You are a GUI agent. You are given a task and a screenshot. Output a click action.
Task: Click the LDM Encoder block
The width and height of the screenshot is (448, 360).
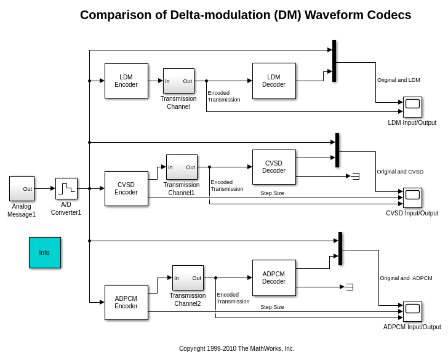126,81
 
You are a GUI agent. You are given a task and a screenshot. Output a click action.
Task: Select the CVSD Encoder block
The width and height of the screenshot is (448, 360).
126,188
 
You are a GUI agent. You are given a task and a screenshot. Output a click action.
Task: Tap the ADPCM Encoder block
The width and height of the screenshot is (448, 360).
126,302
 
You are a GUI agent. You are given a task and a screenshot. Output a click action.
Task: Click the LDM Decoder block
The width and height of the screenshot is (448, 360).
274,81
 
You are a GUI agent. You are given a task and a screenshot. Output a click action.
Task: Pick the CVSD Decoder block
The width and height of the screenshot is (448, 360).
274,167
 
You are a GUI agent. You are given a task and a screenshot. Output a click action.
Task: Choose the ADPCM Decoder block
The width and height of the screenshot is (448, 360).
274,278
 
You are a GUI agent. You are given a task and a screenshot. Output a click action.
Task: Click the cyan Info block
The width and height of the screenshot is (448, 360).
45,252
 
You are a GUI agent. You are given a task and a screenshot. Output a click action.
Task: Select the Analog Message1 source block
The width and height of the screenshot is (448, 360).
22,188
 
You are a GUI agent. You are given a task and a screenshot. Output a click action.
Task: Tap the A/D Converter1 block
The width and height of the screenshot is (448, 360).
66,188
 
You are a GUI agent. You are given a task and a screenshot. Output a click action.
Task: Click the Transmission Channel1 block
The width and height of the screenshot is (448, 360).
182,167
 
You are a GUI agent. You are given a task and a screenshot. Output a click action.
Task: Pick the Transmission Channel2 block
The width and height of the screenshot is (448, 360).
188,278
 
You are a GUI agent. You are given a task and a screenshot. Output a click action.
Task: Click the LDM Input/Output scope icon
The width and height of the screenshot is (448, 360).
412,106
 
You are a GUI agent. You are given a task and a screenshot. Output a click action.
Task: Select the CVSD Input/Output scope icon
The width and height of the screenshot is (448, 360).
412,198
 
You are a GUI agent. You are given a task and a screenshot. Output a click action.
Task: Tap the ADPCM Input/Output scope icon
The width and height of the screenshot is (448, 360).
412,311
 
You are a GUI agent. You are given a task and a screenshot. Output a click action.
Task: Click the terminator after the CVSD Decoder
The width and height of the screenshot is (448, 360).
355,176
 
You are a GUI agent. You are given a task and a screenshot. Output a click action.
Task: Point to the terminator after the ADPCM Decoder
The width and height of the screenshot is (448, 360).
349,287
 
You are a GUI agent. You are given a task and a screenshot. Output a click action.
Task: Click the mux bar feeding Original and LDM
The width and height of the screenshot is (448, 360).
334,61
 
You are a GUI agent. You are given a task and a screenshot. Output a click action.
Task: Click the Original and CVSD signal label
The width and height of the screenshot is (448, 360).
400,172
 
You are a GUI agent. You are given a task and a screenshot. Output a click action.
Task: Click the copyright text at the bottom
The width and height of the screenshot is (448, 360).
236,348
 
